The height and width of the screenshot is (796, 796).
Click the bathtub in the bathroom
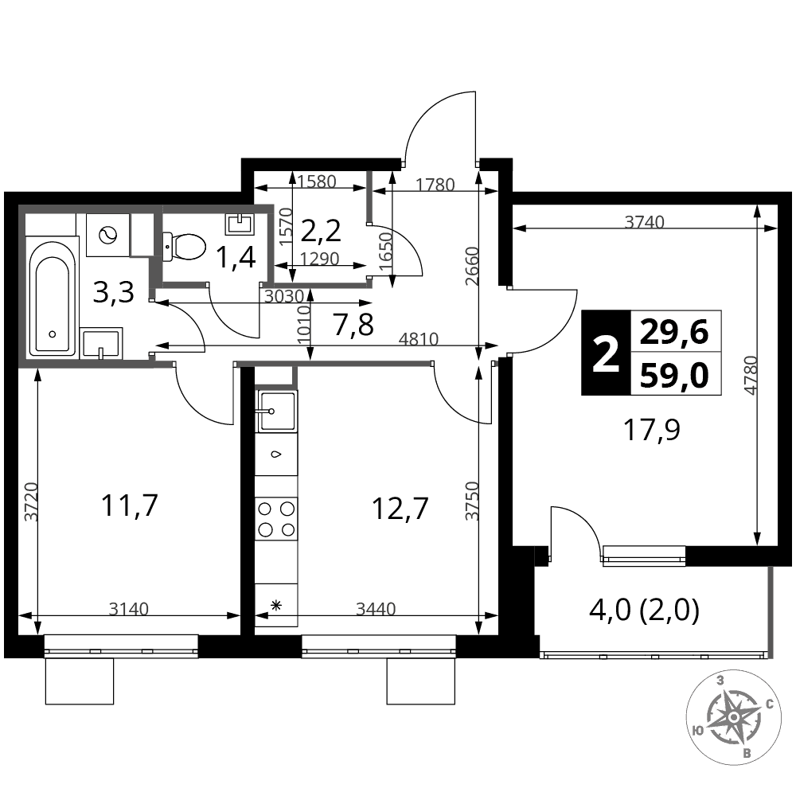pyautogui.click(x=52, y=298)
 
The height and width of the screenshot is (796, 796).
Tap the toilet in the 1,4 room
pyautogui.click(x=184, y=247)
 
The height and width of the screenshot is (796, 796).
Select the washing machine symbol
pyautogui.click(x=107, y=235)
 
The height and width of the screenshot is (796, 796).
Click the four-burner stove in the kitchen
pyautogui.click(x=276, y=519)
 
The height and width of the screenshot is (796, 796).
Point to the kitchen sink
pyautogui.click(x=277, y=412)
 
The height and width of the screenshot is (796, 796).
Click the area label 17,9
pyautogui.click(x=652, y=431)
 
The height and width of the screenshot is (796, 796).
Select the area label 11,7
pyautogui.click(x=130, y=505)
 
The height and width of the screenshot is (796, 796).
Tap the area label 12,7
pyautogui.click(x=400, y=508)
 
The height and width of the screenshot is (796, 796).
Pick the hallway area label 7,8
pyautogui.click(x=354, y=325)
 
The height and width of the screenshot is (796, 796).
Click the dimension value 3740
pyautogui.click(x=644, y=222)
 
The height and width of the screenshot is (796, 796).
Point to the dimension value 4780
pyautogui.click(x=751, y=375)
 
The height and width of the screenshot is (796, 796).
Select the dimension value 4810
pyautogui.click(x=419, y=338)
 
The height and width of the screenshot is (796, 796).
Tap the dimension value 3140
pyautogui.click(x=129, y=609)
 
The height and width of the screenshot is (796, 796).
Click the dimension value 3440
pyautogui.click(x=376, y=608)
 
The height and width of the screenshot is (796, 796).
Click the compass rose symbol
pyautogui.click(x=734, y=717)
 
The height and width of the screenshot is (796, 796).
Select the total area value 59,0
pyautogui.click(x=674, y=377)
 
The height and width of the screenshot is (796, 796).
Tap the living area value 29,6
pyautogui.click(x=674, y=334)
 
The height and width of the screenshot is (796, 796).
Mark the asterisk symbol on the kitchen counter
pyautogui.click(x=276, y=605)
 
